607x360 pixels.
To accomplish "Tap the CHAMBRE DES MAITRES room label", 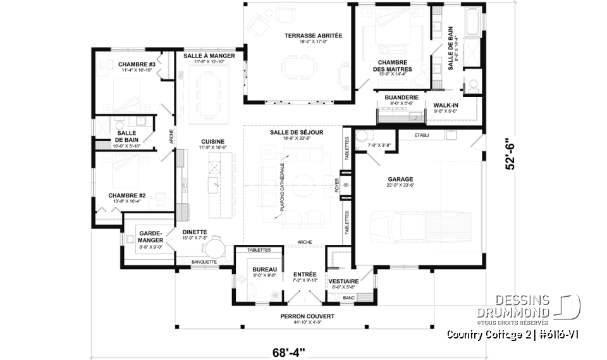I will pos(393,65).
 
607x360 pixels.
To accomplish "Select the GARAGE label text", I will pos(400,179).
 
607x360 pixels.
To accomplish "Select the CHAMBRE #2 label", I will pos(127,196).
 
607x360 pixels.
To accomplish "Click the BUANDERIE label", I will pos(402,97).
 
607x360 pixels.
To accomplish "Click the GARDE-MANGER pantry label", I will pos(151,237).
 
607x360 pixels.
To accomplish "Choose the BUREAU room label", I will pos(257,269).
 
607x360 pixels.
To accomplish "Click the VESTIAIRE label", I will pos(344,281).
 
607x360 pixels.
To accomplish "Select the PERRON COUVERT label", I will pos(308,316).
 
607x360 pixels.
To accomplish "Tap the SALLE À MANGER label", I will pos(209,56).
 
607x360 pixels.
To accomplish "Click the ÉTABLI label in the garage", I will pos(422,135).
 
